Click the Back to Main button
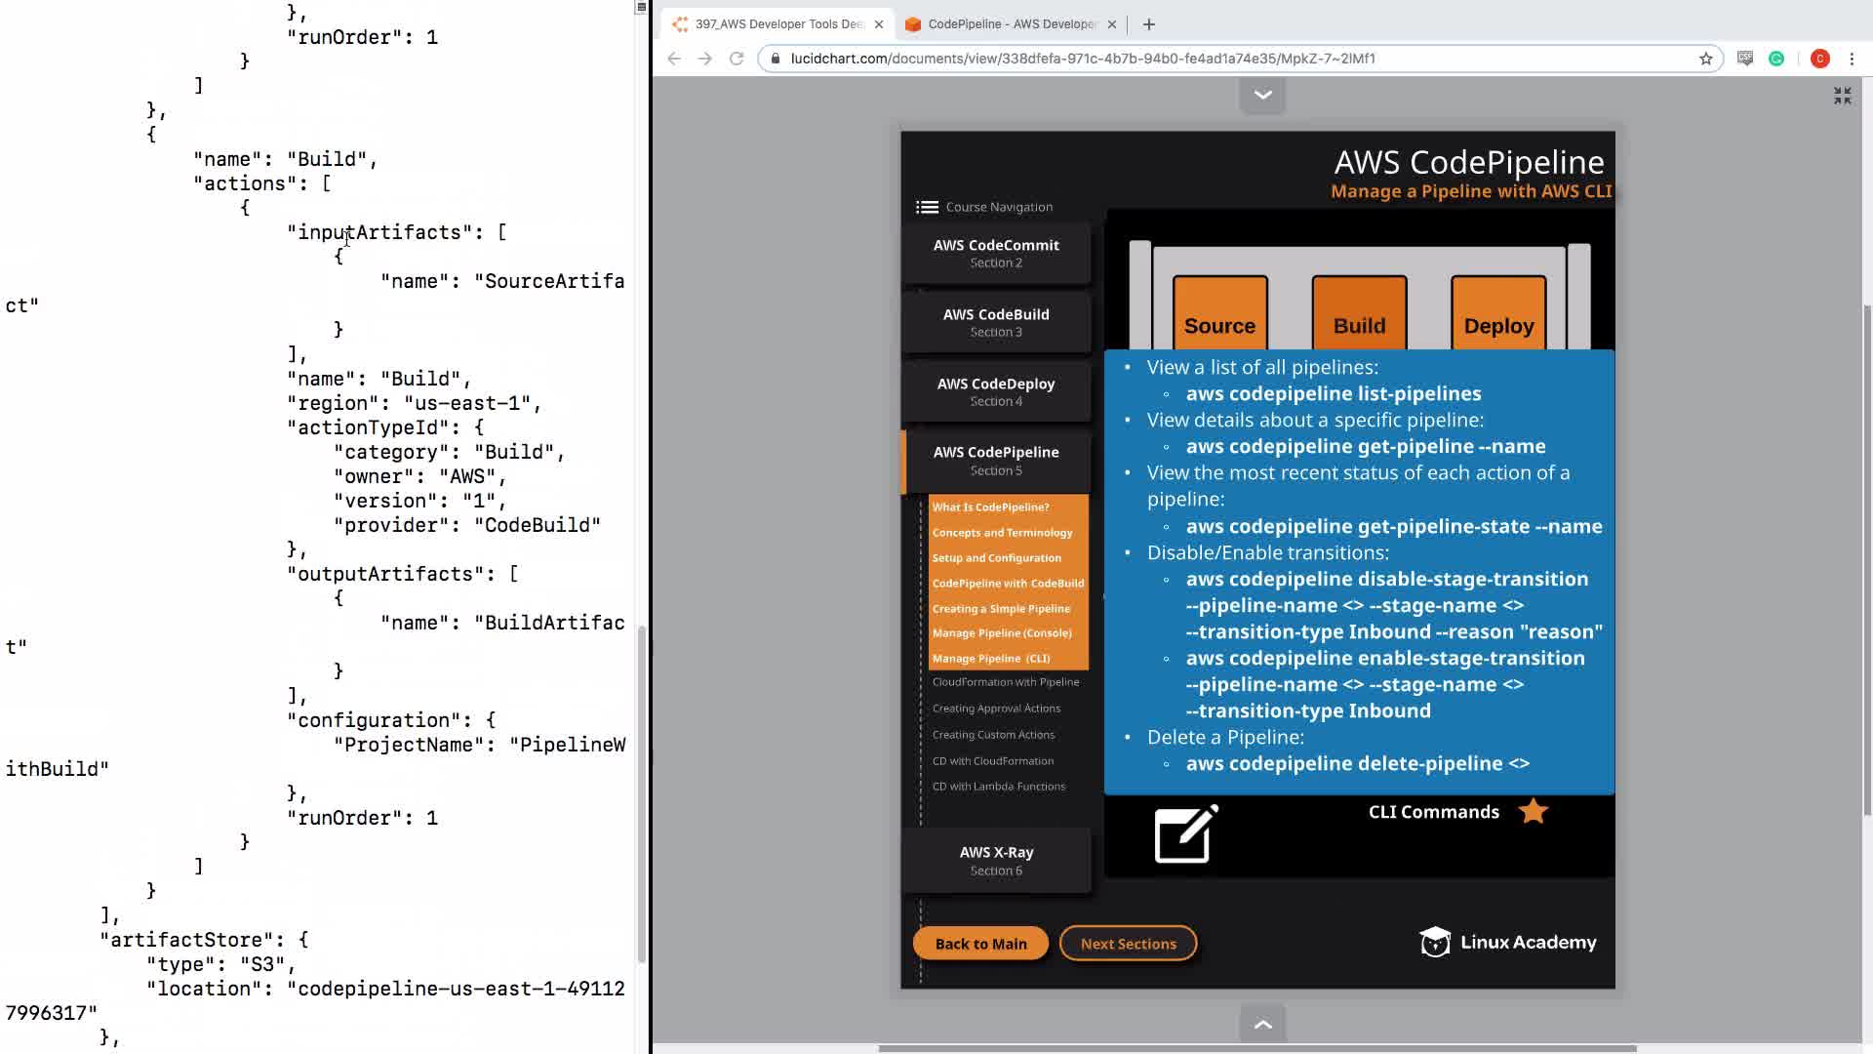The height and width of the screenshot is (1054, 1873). [x=980, y=944]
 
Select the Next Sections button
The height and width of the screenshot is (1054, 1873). [x=1128, y=944]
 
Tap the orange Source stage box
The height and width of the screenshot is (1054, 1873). [x=1219, y=313]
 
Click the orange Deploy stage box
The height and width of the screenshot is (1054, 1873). [x=1498, y=313]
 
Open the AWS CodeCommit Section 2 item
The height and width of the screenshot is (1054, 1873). [x=996, y=253]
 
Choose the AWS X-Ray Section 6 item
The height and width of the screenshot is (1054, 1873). [x=996, y=860]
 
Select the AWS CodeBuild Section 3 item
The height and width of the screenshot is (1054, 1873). [x=996, y=322]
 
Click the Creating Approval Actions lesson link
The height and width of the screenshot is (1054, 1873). [x=996, y=709]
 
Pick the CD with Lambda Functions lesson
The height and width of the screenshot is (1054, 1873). [x=999, y=787]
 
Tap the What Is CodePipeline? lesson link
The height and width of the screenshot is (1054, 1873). [x=990, y=507]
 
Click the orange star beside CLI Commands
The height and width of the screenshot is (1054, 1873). [x=1534, y=811]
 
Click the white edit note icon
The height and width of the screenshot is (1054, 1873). [x=1186, y=834]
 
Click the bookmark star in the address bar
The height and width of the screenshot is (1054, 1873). [x=1706, y=59]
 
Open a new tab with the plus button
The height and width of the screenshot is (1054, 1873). [x=1149, y=24]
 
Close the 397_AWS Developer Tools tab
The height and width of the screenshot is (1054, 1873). [x=879, y=24]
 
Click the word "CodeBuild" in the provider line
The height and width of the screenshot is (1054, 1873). [x=538, y=525]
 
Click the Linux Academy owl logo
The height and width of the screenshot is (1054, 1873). [x=1435, y=943]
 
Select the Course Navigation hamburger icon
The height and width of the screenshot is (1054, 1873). [x=927, y=207]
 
